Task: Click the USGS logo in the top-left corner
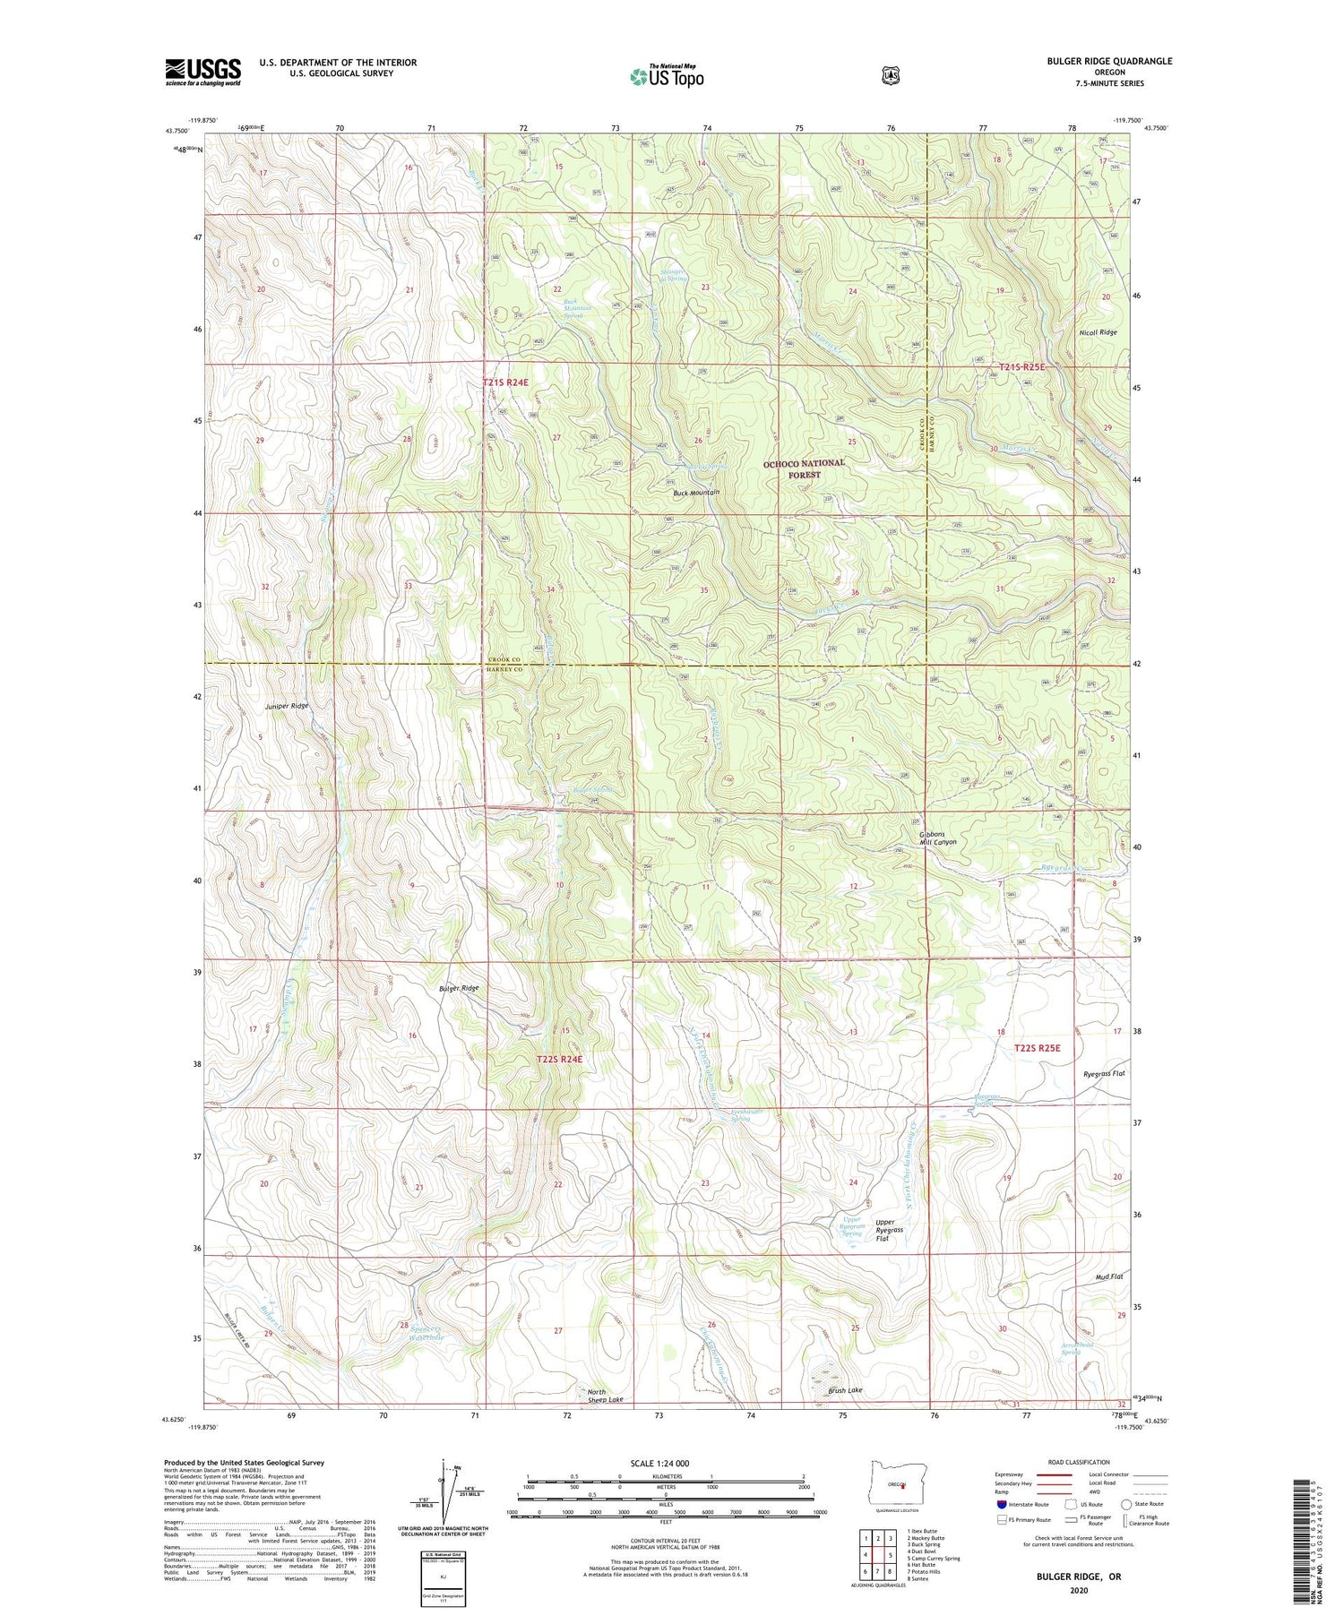203,72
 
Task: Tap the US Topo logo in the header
668,76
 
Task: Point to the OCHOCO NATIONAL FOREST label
804,469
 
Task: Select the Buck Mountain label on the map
697,493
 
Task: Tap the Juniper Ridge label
287,706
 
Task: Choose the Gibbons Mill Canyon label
938,838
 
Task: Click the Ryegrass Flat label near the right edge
1103,1073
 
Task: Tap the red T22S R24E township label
559,1059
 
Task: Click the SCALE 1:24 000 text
665,1463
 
